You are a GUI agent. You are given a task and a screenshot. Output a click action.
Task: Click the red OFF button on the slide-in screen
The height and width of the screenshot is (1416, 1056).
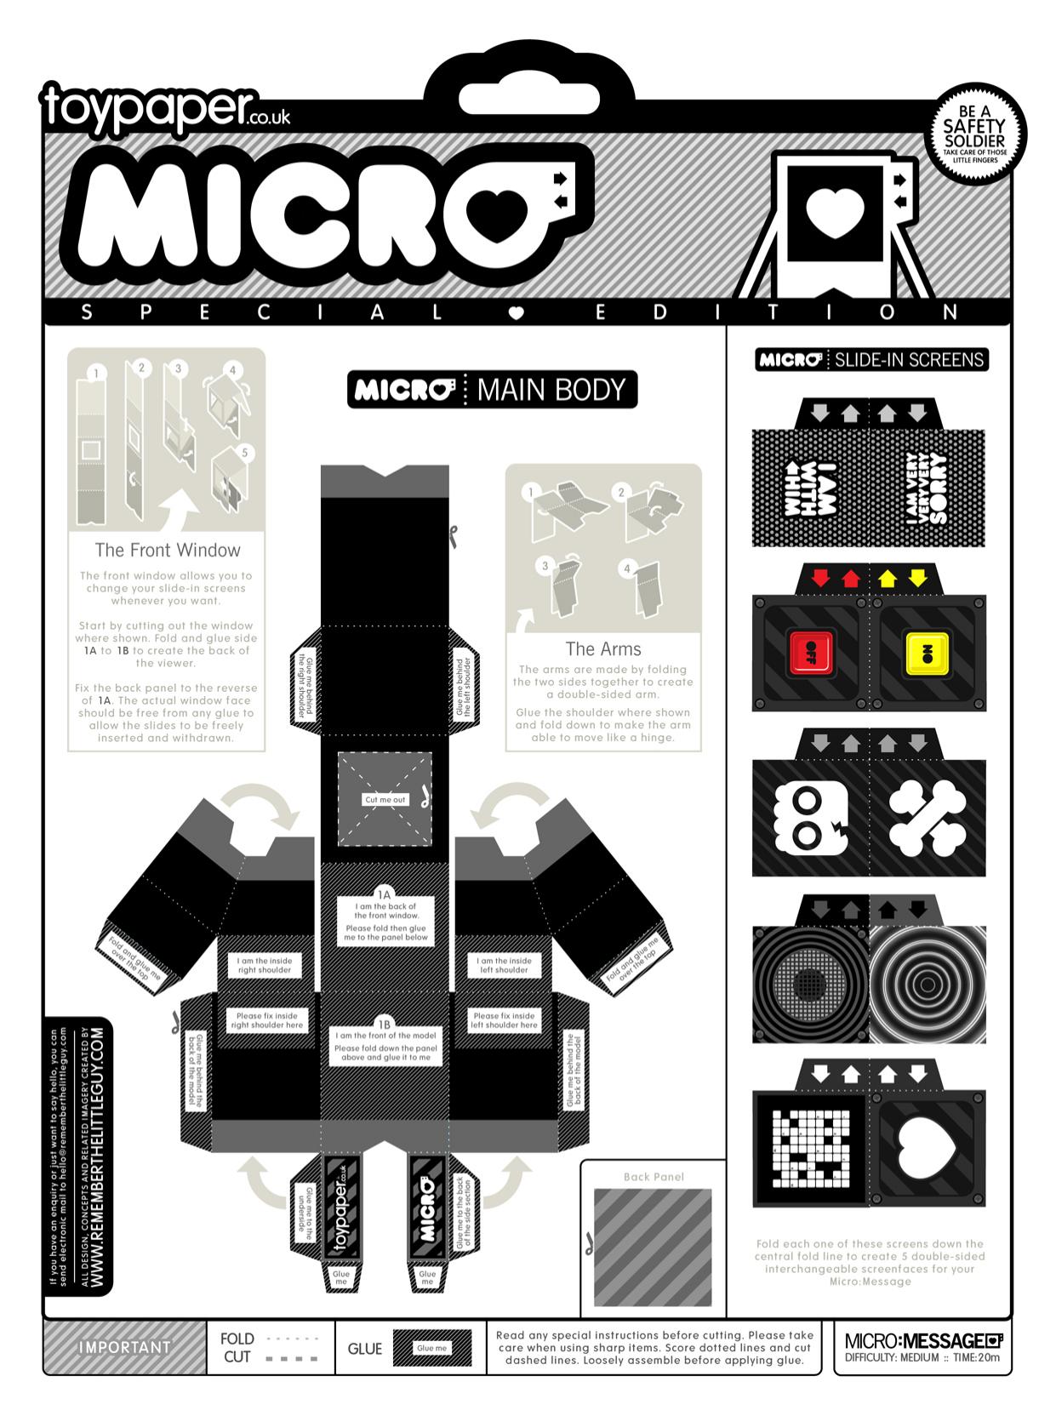coord(809,653)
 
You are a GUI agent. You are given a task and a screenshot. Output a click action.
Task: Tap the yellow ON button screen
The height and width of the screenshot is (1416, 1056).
coord(926,653)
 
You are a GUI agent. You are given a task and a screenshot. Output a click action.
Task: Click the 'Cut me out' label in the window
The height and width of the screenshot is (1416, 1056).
coord(385,799)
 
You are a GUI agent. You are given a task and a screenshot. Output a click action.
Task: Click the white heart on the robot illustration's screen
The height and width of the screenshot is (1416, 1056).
coord(834,211)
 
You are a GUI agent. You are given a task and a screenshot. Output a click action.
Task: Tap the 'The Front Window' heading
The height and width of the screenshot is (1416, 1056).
coord(168,550)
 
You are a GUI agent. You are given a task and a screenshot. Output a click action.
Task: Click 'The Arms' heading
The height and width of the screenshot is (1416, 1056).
coord(603,648)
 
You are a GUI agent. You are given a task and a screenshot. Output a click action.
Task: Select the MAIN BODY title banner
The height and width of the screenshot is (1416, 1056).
coord(492,390)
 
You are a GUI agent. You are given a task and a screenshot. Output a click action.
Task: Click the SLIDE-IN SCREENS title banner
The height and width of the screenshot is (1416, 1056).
coord(872,359)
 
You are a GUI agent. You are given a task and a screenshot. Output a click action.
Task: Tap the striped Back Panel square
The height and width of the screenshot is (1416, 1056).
coord(653,1248)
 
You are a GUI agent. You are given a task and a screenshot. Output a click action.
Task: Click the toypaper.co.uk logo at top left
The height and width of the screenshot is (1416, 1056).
coord(166,109)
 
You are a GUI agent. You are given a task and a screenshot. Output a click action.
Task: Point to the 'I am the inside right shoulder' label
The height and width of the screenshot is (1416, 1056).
coord(264,965)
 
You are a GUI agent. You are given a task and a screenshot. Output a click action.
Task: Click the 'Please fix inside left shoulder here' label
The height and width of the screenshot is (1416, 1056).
coord(505,1019)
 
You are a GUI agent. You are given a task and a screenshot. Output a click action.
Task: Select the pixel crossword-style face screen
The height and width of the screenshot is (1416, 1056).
coord(809,1151)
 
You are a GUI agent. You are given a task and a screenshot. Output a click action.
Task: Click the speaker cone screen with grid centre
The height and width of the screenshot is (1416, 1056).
coord(809,985)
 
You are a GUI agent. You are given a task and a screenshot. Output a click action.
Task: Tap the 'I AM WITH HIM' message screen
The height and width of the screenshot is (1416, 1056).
coord(809,488)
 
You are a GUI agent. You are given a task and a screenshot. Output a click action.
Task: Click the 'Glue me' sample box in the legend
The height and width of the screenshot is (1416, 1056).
coord(431,1348)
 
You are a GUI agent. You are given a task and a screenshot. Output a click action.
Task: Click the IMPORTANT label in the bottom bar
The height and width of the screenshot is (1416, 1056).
coord(124,1347)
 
